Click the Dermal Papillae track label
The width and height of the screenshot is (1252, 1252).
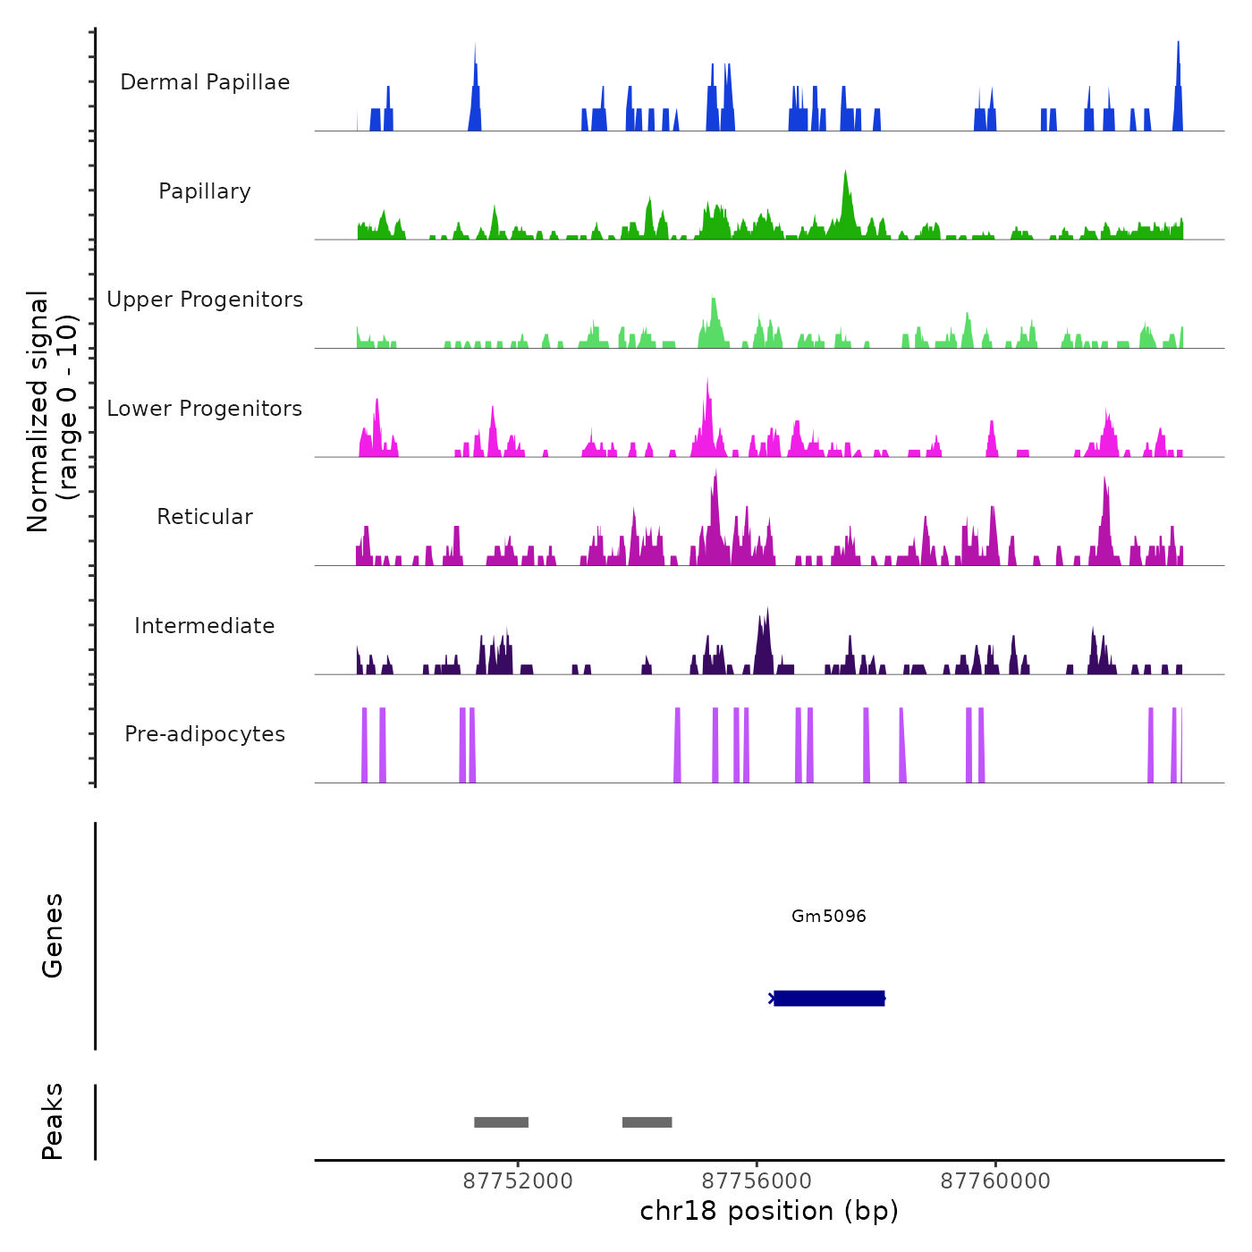[x=205, y=82]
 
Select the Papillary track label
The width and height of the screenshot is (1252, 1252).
[x=205, y=191]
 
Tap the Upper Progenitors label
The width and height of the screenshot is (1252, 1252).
[x=205, y=300]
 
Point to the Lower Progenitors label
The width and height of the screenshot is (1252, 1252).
[x=205, y=409]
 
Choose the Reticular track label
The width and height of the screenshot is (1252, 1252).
[x=205, y=517]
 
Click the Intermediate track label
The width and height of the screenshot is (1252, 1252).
[x=205, y=626]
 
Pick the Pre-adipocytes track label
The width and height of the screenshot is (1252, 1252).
[x=205, y=734]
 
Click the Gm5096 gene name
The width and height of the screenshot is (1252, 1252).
[x=828, y=916]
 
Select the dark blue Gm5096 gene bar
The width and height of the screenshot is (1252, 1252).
[x=828, y=998]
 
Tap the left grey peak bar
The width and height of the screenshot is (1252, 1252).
[x=501, y=1122]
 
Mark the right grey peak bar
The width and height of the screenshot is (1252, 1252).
[x=647, y=1122]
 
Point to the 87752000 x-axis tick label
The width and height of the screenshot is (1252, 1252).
[x=518, y=1181]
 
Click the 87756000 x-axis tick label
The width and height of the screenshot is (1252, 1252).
[x=757, y=1181]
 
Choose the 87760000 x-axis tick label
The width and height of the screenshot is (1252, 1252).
[x=995, y=1181]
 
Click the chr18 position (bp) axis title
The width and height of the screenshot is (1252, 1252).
[x=769, y=1211]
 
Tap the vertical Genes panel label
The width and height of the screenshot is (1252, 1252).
[x=53, y=935]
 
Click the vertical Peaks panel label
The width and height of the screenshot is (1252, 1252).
[x=53, y=1121]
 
